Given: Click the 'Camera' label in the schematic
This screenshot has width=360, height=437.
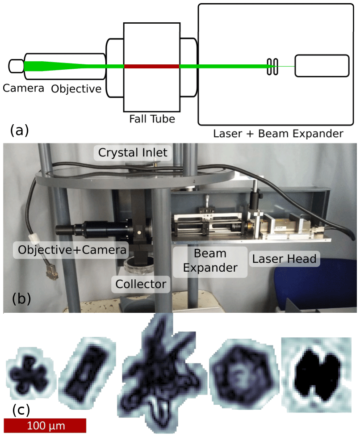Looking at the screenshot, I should pos(23,88).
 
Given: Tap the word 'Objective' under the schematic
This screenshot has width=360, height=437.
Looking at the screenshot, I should pos(76,88).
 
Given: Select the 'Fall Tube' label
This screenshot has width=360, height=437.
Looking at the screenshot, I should pos(152,119).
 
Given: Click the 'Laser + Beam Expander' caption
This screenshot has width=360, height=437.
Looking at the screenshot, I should pos(278,133).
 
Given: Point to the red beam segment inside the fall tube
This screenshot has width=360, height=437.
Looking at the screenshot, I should pos(151,67).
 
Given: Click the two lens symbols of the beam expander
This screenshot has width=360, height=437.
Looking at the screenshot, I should pos(272,67).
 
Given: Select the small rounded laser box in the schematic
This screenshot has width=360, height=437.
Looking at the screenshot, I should pos(322,66).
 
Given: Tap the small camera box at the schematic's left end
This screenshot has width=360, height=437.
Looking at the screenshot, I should pos(16,66).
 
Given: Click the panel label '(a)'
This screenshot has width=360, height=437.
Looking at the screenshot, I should pos(19,130).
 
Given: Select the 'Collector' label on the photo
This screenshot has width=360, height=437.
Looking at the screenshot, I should pos(141,283).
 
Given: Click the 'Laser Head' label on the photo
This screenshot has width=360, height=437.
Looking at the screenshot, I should pos(285,258).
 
